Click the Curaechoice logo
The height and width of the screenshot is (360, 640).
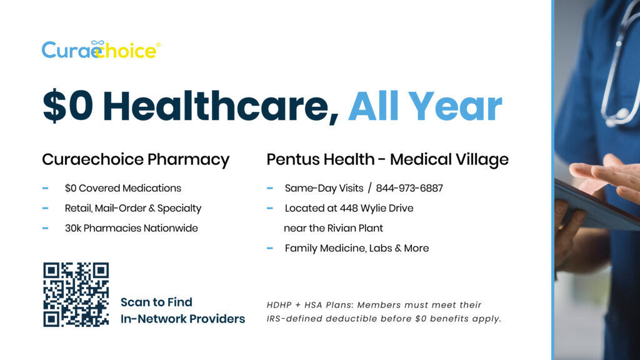pos(101,50)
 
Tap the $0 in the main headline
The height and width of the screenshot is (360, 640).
pos(67,106)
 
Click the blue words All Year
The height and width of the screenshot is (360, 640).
pos(425,106)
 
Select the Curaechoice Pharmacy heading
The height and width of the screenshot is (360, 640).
pos(136,159)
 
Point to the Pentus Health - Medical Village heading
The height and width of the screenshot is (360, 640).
pos(387,159)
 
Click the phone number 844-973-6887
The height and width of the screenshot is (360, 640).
pos(409,188)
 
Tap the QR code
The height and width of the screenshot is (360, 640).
pos(76,294)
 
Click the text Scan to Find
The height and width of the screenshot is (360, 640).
pos(156,302)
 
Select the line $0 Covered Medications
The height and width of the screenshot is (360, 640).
pos(123,188)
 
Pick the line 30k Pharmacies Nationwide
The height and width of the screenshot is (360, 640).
pos(131,228)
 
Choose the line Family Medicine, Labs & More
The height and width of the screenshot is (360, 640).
pos(357,248)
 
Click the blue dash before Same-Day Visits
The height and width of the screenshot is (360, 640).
pos(270,188)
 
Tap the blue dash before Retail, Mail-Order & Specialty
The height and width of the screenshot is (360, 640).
pos(45,208)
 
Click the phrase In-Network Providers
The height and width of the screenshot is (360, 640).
pos(183,319)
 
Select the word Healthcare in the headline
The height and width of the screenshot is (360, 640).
pos(221,106)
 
